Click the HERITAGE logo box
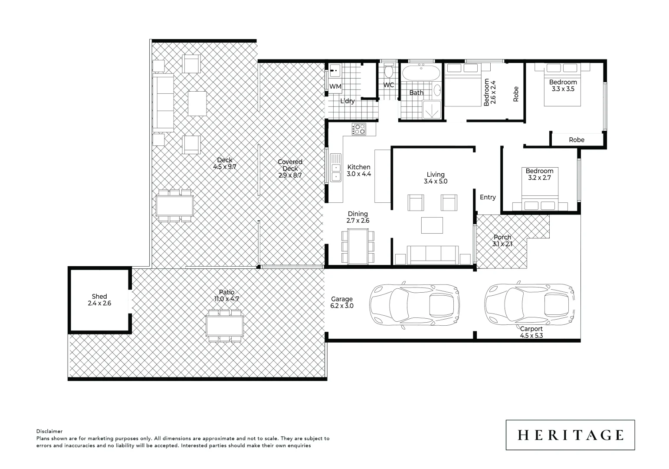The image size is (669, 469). tap(570, 435)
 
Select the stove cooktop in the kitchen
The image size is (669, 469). tap(359, 129)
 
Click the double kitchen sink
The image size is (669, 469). tap(335, 168)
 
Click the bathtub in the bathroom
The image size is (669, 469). tap(420, 73)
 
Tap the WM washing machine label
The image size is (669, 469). tap(335, 86)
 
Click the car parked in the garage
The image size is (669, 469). tap(414, 305)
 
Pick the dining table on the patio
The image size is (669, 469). tap(225, 326)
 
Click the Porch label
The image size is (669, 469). tap(502, 237)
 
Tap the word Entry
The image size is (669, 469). tap(488, 197)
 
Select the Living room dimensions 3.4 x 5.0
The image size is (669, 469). tap(435, 182)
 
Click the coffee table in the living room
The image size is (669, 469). tap(432, 225)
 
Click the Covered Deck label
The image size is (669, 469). tap(290, 165)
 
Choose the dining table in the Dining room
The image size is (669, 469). tap(358, 246)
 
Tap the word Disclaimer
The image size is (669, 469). tap(49, 431)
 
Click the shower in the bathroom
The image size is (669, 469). tap(432, 109)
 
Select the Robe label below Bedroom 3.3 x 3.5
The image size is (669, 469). tap(577, 140)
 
